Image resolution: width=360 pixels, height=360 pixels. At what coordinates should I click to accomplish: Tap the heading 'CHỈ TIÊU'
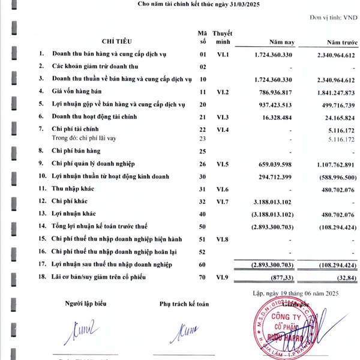pyautogui.click(x=118, y=41)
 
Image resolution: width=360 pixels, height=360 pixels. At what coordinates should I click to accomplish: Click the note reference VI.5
pyautogui.click(x=223, y=164)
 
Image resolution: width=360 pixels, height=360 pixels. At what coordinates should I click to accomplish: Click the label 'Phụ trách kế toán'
pyautogui.click(x=184, y=304)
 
